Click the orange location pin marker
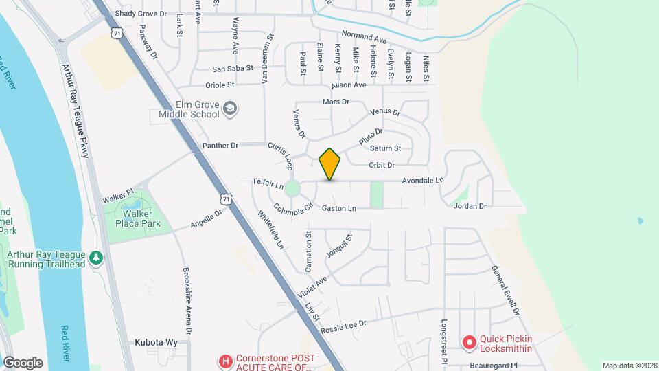point(330,164)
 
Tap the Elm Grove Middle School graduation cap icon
point(230,108)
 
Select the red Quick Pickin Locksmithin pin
point(470,341)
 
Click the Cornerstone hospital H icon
point(224,361)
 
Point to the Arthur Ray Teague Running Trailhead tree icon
point(97,257)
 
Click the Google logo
point(23,363)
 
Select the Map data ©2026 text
point(628,366)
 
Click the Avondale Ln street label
point(422,181)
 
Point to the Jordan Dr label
point(470,206)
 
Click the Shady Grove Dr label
point(141,14)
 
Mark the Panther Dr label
point(220,146)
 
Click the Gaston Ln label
point(339,208)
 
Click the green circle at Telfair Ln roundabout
point(293,188)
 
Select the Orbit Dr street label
point(382,165)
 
